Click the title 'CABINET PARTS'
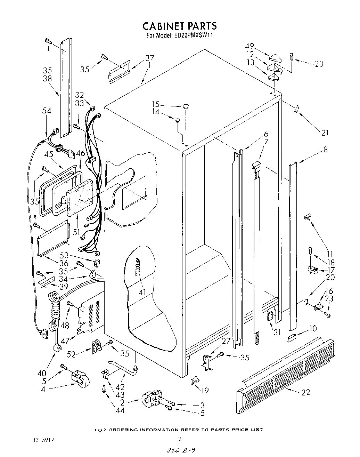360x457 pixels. [x=180, y=26]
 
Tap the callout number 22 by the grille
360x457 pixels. [x=305, y=392]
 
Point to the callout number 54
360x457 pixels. [x=47, y=111]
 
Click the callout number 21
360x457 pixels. [x=324, y=133]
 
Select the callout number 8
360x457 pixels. [x=325, y=150]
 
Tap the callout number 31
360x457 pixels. [x=277, y=332]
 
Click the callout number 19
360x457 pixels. [x=205, y=391]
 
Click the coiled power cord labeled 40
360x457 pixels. [x=55, y=313]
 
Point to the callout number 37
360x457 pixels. [x=149, y=58]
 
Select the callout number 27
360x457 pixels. [x=226, y=341]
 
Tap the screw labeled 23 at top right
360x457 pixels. [x=292, y=57]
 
